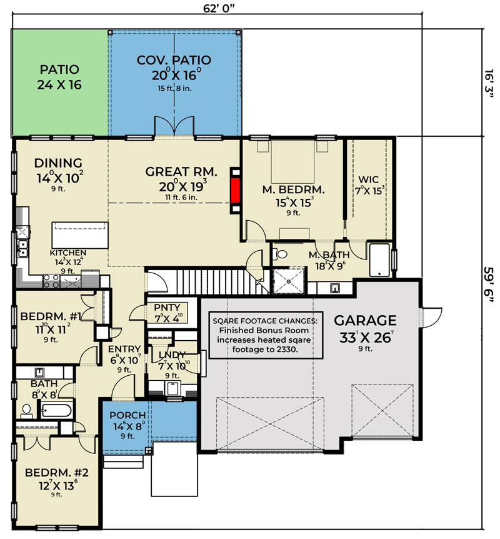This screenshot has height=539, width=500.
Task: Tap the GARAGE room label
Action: [365, 320]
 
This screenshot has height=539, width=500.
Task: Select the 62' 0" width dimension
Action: [219, 8]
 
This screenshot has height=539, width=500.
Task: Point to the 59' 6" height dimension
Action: [488, 285]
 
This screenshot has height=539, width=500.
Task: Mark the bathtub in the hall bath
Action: [56, 410]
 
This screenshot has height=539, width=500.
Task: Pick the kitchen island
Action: [80, 235]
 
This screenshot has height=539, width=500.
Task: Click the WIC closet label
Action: [368, 179]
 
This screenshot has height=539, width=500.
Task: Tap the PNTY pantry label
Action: [167, 307]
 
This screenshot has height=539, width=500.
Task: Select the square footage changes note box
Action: [266, 335]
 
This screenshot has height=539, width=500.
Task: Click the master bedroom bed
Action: [292, 161]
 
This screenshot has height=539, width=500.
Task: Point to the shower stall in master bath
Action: [289, 281]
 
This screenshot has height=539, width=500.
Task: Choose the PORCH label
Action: [127, 415]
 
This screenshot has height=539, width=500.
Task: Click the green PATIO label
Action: [59, 69]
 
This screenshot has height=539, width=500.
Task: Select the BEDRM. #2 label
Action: [57, 473]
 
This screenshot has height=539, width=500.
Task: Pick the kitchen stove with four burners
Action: [51, 281]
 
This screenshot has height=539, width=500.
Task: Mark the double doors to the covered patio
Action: [174, 126]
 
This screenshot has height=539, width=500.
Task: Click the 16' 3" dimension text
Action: [489, 84]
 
